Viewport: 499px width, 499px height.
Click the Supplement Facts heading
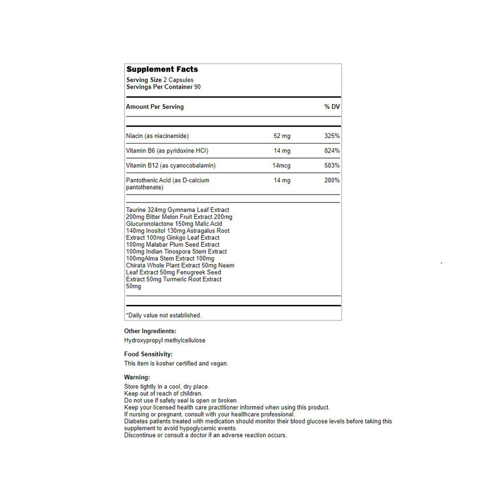(162, 70)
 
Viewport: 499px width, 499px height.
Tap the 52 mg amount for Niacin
(282, 136)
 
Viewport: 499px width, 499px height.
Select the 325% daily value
(332, 136)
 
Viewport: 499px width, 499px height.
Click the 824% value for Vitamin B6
(332, 151)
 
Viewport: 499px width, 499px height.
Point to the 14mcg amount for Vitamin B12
(281, 166)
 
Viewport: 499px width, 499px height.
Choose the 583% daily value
(332, 166)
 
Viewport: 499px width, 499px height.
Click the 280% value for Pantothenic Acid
(332, 181)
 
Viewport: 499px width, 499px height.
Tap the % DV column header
(332, 107)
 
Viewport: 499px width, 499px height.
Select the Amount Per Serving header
(155, 107)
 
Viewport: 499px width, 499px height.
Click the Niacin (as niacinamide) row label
(157, 136)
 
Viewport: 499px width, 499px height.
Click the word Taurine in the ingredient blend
(136, 210)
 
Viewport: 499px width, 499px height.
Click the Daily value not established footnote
(164, 315)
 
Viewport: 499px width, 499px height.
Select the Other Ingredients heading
(150, 332)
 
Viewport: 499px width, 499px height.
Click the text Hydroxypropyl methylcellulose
(165, 340)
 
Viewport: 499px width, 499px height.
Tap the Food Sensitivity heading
(148, 354)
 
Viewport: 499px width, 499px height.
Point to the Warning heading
(137, 378)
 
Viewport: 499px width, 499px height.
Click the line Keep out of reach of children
(164, 394)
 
